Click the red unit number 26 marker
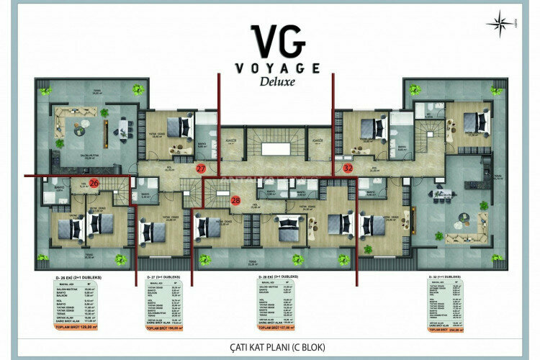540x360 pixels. point(94,183)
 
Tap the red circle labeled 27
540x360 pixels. point(201,168)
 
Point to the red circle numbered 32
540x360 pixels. point(348,168)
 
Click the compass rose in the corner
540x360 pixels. point(499,24)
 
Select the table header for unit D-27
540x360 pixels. point(168,276)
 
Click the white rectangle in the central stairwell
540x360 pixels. point(271,149)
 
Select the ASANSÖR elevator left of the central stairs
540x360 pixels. point(231,148)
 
